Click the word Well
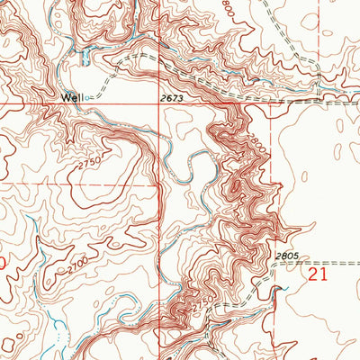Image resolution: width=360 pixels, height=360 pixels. pyautogui.click(x=72, y=96)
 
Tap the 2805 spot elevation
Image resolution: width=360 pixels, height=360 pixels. pyautogui.click(x=285, y=256)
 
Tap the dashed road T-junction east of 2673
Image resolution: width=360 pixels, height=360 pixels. pyautogui.click(x=271, y=104)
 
